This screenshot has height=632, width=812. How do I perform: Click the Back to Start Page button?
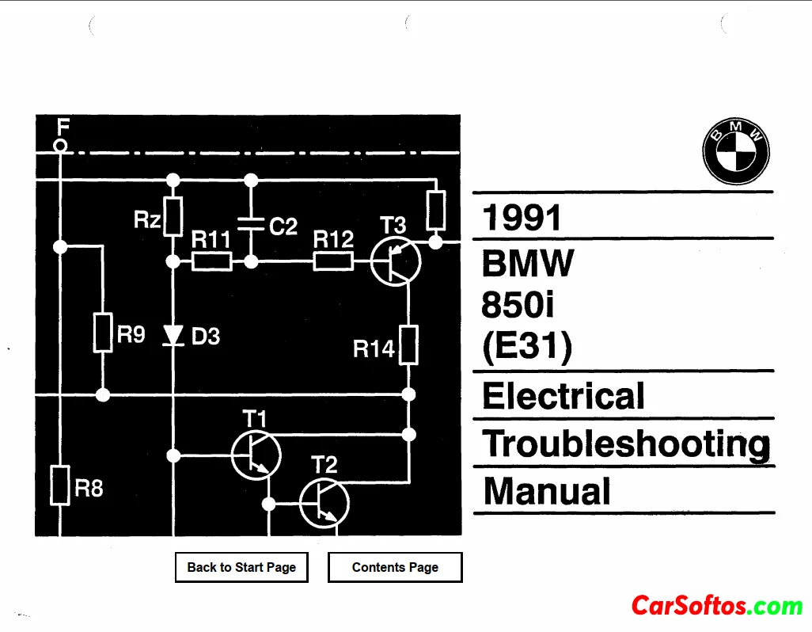[x=241, y=567]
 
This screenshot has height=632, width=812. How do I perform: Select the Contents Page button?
[x=395, y=567]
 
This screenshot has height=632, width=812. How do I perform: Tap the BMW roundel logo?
[x=736, y=153]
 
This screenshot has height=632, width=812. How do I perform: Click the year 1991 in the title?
[x=522, y=218]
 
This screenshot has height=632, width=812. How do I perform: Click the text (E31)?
[x=526, y=348]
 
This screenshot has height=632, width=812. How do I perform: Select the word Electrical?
[x=563, y=396]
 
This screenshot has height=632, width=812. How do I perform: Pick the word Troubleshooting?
[x=626, y=444]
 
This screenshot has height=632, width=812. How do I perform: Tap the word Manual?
[x=547, y=491]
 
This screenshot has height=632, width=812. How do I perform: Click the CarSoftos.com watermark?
[x=717, y=607]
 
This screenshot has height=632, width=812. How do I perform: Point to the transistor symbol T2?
[x=324, y=502]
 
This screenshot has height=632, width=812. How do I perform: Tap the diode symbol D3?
[x=173, y=336]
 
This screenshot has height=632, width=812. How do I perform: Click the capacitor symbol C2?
[x=251, y=224]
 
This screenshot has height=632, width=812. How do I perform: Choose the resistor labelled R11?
[x=212, y=261]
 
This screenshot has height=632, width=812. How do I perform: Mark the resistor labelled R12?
[x=333, y=261]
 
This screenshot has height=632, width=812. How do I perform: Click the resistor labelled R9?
[x=103, y=333]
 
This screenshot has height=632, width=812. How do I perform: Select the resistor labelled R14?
[x=408, y=345]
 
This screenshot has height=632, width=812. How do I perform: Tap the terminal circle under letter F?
[x=60, y=145]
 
